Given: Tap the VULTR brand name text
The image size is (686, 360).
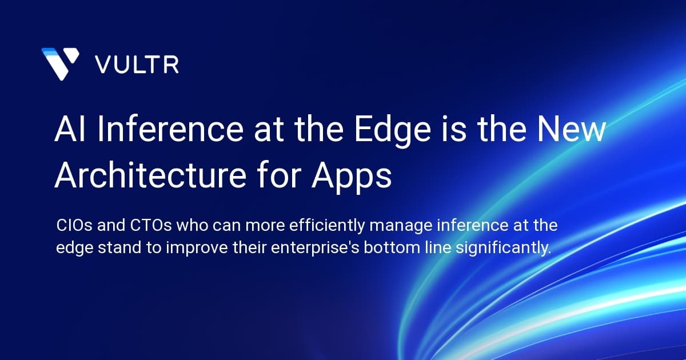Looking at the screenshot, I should click(137, 64).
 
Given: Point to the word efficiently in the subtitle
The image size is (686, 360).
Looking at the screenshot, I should click(329, 226).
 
